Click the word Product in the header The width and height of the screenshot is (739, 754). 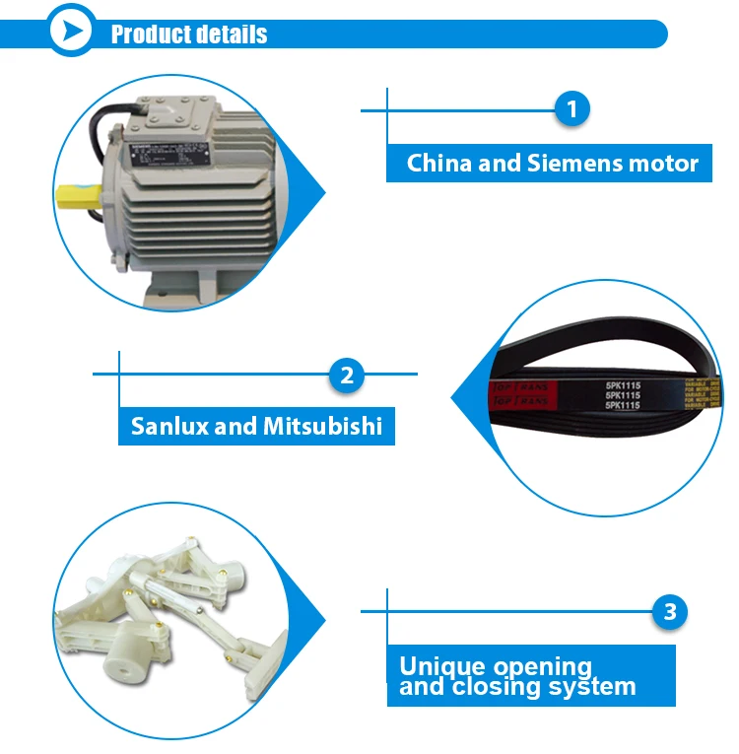point(148,34)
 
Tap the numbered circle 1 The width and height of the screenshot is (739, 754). point(571,109)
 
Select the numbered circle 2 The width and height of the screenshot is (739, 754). point(346,375)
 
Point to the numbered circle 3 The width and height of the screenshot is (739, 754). point(670,612)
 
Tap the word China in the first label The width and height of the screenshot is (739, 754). point(439,163)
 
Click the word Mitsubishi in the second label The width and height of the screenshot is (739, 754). point(322,428)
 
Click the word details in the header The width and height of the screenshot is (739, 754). point(230,34)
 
